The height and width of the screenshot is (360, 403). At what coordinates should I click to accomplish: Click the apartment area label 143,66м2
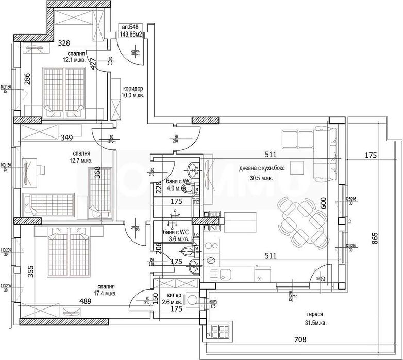point(131,35)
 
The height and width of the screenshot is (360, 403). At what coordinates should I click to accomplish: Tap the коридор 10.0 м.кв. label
point(133,92)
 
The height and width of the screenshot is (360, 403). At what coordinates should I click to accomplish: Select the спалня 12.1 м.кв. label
point(76,56)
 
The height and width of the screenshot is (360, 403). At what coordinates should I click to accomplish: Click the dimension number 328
point(63,43)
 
